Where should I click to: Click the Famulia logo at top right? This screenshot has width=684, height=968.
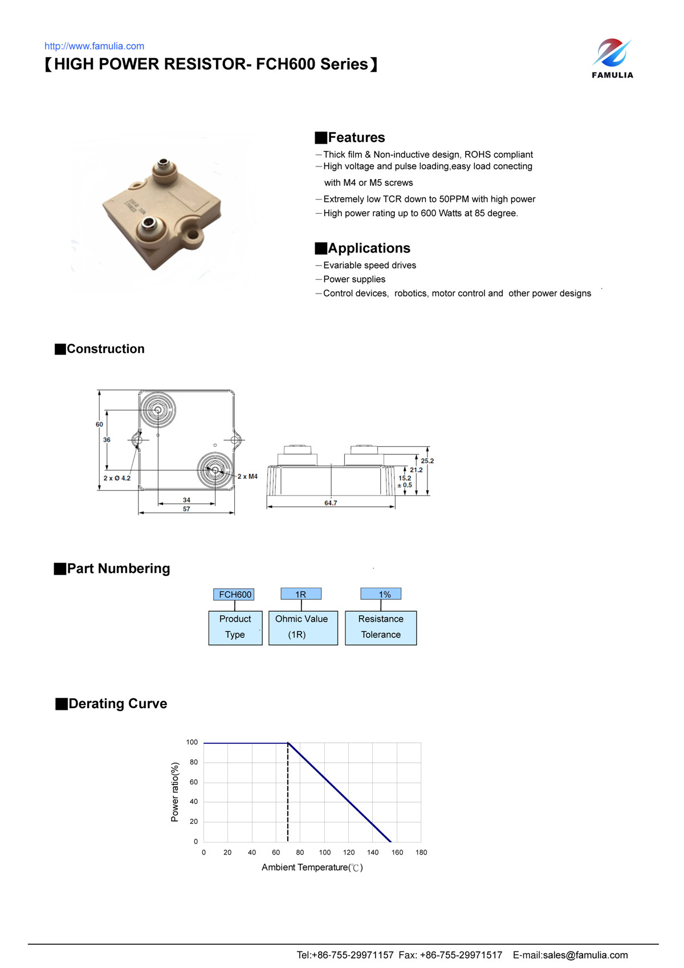[x=612, y=58]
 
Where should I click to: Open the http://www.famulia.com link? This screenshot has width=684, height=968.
[x=94, y=46]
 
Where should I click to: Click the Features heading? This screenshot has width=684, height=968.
[x=356, y=137]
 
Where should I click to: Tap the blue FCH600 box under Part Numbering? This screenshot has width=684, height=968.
[x=234, y=594]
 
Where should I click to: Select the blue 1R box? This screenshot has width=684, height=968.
[x=300, y=594]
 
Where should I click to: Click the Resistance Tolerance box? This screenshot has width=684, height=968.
[x=381, y=627]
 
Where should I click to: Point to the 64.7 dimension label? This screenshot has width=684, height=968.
[x=331, y=503]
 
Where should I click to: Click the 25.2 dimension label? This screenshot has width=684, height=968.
[x=427, y=461]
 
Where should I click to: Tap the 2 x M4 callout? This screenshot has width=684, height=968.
[x=247, y=477]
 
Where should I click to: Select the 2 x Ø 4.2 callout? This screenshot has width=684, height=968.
[x=117, y=478]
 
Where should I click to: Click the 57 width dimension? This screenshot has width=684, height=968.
[x=186, y=509]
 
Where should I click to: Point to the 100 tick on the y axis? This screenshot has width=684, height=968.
[x=192, y=742]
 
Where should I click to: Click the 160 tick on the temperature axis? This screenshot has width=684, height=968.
[x=397, y=852]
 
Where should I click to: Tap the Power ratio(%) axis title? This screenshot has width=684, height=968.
[x=175, y=792]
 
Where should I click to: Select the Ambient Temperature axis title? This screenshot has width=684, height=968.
[x=312, y=867]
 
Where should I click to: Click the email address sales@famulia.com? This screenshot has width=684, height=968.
[x=585, y=955]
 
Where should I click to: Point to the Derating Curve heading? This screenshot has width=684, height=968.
[x=117, y=703]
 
